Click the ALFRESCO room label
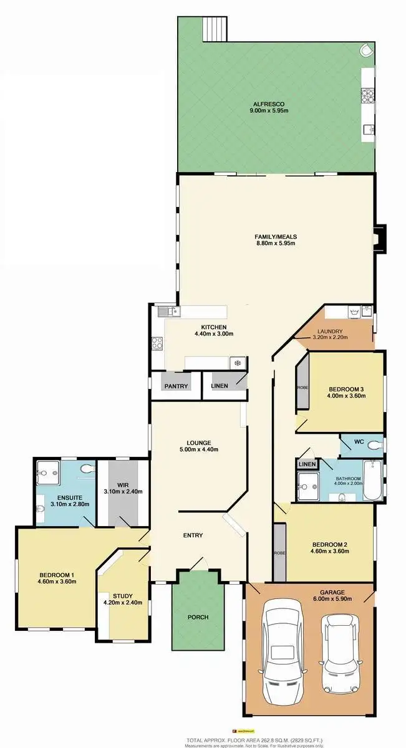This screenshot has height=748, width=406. [270, 103]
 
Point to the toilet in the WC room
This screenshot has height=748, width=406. [372, 445]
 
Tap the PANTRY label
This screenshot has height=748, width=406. [176, 386]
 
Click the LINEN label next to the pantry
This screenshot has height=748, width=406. [220, 386]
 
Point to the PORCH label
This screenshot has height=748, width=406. [198, 617]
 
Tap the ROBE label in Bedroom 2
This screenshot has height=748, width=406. [279, 553]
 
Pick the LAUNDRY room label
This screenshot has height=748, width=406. [330, 331]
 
